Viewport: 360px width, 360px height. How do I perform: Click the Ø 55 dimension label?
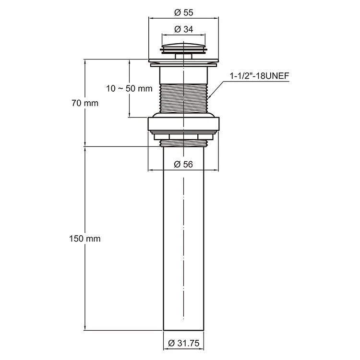tap(184, 12)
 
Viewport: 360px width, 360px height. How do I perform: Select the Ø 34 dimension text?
tap(184, 29)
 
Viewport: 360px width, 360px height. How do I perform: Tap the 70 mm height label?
tap(85, 103)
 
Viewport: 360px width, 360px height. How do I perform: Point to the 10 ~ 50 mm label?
tap(129, 88)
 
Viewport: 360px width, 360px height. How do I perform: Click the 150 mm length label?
tap(85, 239)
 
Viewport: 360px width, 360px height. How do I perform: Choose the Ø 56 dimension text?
tap(183, 164)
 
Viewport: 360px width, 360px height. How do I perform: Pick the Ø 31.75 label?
tap(184, 343)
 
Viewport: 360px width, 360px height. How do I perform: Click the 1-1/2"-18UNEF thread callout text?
tap(259, 76)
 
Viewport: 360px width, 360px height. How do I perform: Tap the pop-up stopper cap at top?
tap(183, 48)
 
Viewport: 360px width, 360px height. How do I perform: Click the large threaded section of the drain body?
tap(183, 98)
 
